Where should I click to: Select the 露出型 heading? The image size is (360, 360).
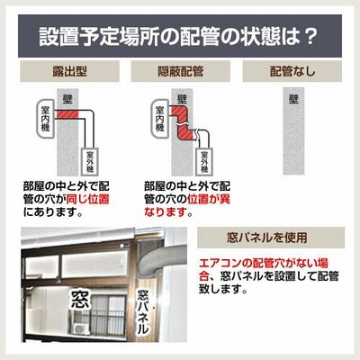(69, 71)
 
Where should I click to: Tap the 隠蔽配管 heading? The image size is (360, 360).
(181, 71)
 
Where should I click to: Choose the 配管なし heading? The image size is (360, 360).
(292, 71)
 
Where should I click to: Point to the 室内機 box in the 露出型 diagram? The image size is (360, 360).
(45, 119)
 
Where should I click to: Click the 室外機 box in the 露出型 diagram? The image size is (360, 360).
(90, 162)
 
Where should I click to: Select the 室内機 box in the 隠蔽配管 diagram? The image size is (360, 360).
(160, 119)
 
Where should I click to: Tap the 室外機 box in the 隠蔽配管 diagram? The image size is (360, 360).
(204, 162)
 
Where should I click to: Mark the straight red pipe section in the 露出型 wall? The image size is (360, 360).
(67, 114)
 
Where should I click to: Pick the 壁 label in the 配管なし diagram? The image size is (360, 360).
(293, 99)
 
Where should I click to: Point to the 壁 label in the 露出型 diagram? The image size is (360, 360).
(67, 99)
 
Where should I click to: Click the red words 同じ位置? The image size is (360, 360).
(87, 199)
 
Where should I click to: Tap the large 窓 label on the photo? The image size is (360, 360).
(80, 300)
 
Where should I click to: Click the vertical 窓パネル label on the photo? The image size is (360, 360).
(143, 311)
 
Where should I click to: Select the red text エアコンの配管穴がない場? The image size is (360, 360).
(264, 263)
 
